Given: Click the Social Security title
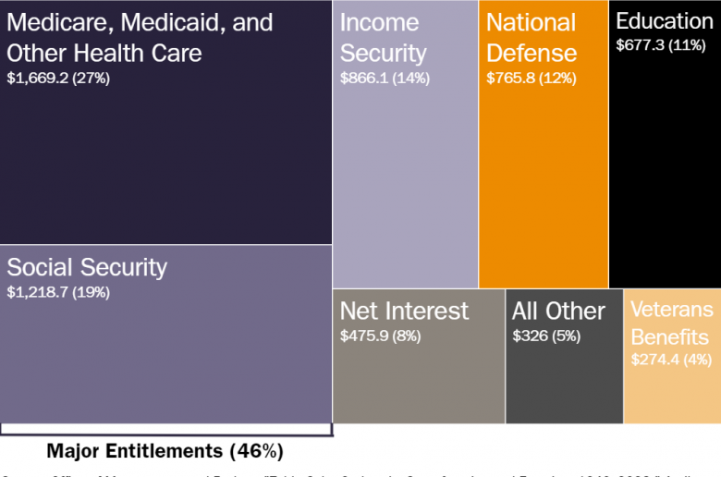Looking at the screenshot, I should (x=87, y=267).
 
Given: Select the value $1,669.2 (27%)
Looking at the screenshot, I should (x=58, y=79).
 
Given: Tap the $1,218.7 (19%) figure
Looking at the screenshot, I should (x=58, y=292).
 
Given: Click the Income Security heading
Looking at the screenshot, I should (x=383, y=38).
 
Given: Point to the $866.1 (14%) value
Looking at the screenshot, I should (x=385, y=79).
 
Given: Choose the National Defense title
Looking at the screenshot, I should (x=532, y=38).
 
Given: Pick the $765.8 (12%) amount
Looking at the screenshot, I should (x=532, y=79).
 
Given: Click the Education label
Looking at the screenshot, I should (x=664, y=21).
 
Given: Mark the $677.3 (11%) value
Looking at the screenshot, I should (x=661, y=43).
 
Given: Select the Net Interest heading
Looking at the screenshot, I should (x=404, y=311).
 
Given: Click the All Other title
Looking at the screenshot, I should (x=558, y=311).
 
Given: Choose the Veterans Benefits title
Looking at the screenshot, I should (x=672, y=323).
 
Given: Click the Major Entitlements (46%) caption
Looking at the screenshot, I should (x=165, y=451).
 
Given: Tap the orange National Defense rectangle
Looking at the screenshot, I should (x=543, y=185).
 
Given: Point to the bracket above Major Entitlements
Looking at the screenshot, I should (x=165, y=431).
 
